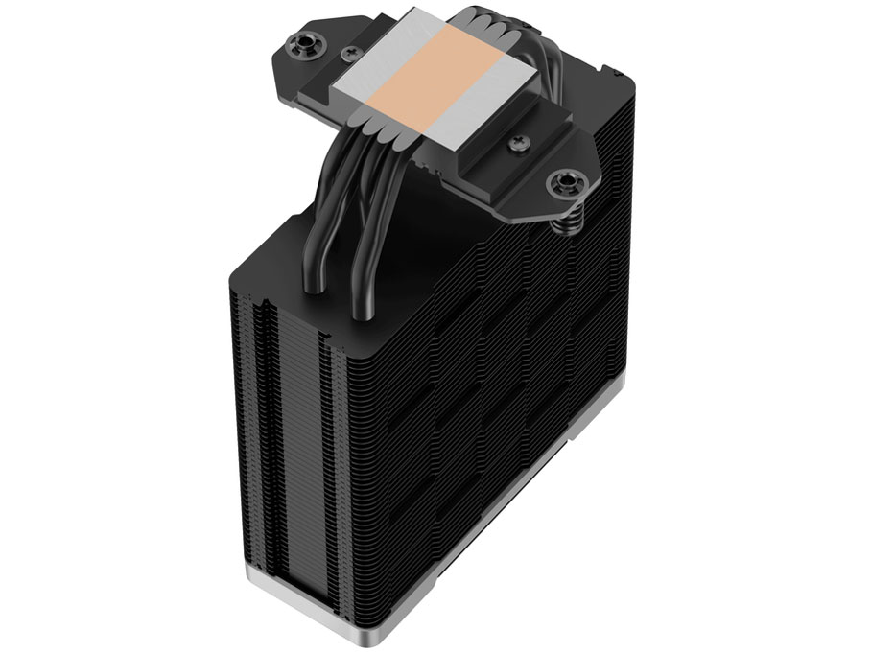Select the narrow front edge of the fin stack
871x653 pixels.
[x=288, y=431]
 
